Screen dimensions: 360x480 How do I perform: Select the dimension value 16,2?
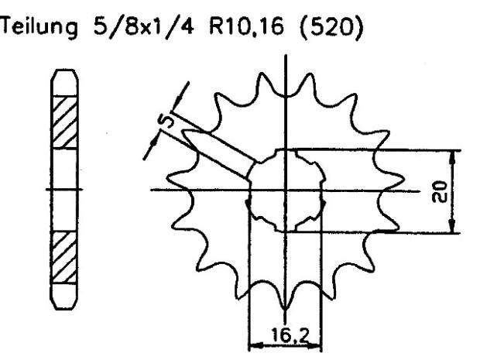pos(283,337)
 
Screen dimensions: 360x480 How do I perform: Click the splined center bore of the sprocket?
pos(285,190)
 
